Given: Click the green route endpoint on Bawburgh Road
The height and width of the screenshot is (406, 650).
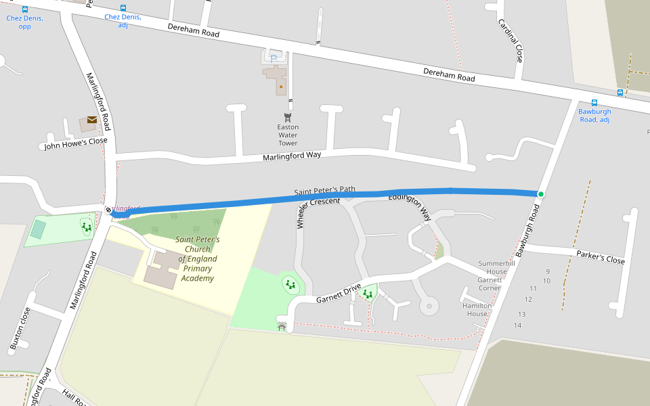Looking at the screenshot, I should coord(540,195).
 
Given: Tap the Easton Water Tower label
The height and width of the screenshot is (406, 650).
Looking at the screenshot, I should coord(288,135).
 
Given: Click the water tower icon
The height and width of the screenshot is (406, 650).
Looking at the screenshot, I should coord(287,117).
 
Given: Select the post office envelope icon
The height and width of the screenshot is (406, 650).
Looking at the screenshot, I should coord(91,120).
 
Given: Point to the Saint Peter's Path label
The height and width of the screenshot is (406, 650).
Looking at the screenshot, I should coord(324,192).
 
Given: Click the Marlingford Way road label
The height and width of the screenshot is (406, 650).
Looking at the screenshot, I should coord(291,156).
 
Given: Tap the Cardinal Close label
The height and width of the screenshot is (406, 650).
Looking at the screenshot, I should coord(511,41).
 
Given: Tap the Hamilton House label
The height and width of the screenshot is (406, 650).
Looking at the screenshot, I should coord(477,310).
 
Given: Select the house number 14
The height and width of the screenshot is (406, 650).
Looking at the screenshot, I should coord(517,325).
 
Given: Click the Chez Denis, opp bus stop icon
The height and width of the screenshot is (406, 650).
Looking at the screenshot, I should coord(25,10).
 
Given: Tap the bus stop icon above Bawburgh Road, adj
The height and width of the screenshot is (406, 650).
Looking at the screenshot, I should coord(594,103).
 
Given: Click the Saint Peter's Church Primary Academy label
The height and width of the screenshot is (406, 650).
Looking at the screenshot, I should coord(197,258).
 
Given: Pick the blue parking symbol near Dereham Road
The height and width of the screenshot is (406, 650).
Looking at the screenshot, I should coord(274,59).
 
